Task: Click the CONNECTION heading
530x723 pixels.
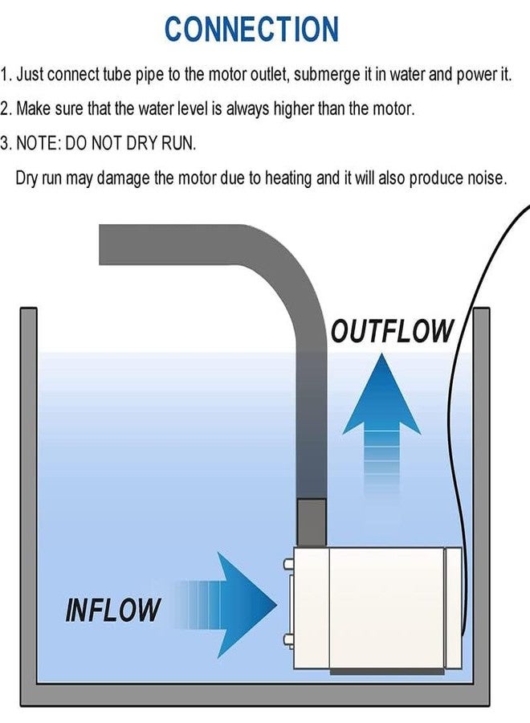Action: pos(252,29)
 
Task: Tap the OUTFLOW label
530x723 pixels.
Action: pos(393,331)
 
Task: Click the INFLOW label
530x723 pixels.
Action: pos(112,610)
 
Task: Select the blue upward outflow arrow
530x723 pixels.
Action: pos(382,418)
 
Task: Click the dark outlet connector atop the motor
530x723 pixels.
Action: pos(312,521)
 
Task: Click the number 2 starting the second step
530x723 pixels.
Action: pos(6,108)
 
